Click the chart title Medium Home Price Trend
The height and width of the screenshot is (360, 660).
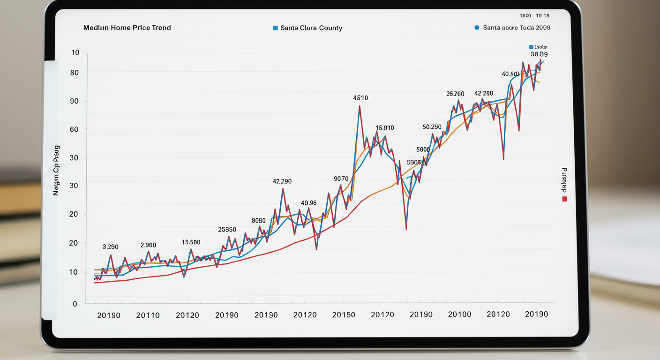tap(127, 28)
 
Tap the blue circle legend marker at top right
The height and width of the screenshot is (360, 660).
tap(477, 28)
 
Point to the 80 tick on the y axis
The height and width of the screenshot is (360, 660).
tap(75, 73)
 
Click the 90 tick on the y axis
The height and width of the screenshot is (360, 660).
tap(75, 101)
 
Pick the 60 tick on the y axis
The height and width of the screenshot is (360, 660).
tap(75, 129)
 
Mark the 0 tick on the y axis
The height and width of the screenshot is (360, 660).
tap(75, 304)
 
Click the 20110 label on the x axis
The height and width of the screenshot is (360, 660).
tap(148, 315)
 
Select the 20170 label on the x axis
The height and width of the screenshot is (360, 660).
tap(382, 315)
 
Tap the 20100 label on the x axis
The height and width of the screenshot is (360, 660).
tap(459, 315)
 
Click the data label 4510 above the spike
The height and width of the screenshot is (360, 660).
tap(360, 98)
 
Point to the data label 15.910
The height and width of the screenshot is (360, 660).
tap(385, 128)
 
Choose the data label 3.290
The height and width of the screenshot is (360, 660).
tap(111, 247)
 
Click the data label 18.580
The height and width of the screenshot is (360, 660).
tap(191, 242)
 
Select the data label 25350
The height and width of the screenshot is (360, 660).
tap(227, 230)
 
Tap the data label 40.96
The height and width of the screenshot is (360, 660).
tap(309, 203)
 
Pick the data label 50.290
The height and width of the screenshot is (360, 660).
tap(432, 127)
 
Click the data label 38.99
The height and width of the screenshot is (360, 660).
tap(539, 54)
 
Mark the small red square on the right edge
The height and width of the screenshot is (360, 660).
tap(564, 199)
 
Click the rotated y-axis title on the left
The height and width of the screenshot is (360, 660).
tap(57, 170)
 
